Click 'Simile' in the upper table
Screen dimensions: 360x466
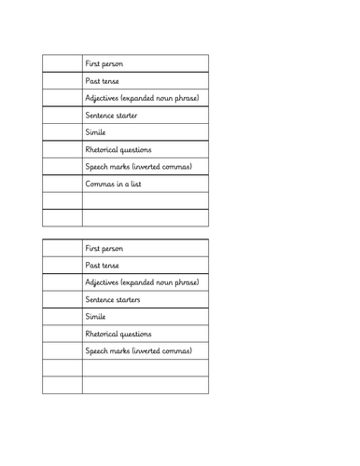[x=95, y=132]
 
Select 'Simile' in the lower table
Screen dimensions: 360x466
[x=95, y=317]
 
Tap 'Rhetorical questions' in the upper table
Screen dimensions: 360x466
[x=118, y=149]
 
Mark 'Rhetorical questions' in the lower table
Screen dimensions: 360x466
[x=118, y=334]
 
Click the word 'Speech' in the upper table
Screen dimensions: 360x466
[x=98, y=167]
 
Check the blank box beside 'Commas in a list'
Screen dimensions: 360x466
[x=62, y=184]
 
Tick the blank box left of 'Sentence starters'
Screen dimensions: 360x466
[x=62, y=300]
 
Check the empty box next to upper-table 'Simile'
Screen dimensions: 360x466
[x=62, y=132]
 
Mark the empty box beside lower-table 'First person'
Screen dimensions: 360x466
[x=62, y=249]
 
